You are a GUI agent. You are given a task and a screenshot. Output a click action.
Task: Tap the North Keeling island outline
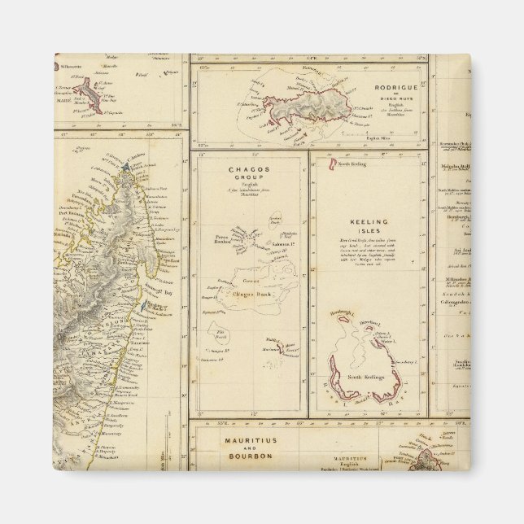coord(332,166)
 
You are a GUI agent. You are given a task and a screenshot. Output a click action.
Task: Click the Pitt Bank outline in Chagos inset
coord(222,334)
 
